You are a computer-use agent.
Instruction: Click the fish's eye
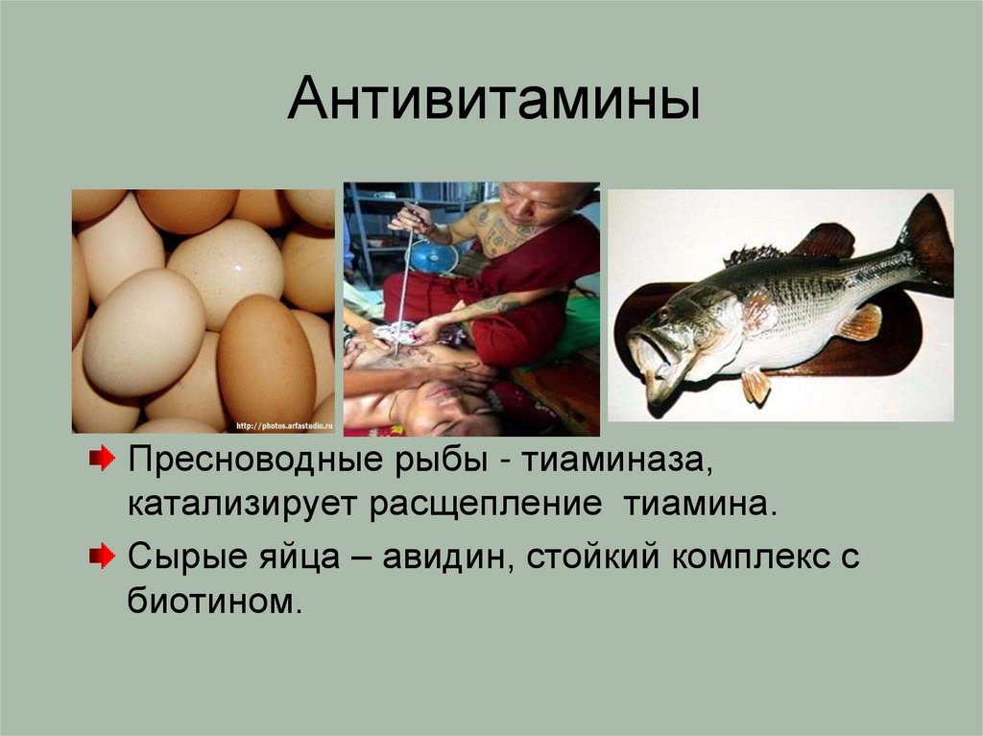663,316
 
